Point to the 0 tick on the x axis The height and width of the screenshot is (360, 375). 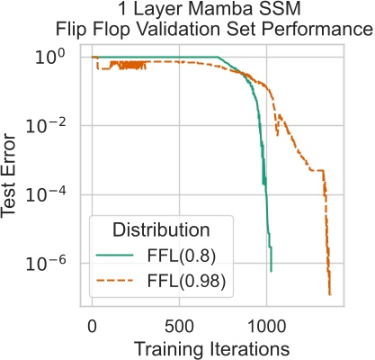pos(92,323)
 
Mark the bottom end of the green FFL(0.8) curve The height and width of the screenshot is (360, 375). pos(271,270)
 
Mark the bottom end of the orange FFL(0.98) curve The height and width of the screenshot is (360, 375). pos(330,294)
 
